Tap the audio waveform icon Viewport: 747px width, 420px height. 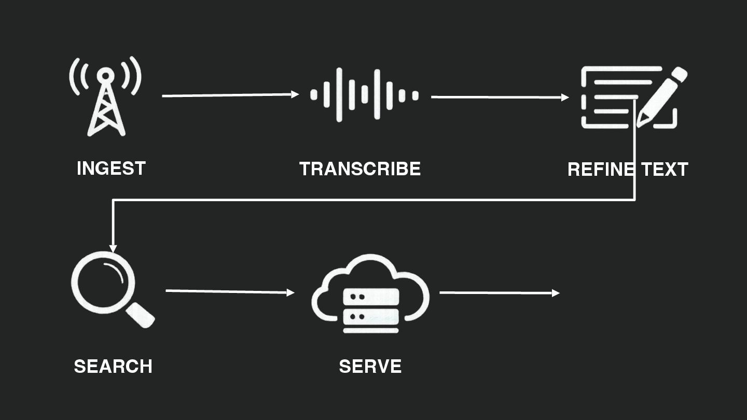[x=364, y=95]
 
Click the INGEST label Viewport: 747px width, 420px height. [x=111, y=169]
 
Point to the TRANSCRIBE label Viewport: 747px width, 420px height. [x=360, y=169]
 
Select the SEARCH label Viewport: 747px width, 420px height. [x=113, y=367]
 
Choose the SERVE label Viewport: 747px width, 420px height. [x=370, y=367]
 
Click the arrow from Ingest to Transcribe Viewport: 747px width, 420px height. [x=230, y=95]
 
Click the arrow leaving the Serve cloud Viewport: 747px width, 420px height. [x=499, y=293]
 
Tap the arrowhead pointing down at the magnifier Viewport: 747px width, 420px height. [x=113, y=248]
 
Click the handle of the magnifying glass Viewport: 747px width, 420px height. [x=141, y=315]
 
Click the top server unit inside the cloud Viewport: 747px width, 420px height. [x=371, y=297]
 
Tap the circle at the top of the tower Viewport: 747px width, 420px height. [x=105, y=76]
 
